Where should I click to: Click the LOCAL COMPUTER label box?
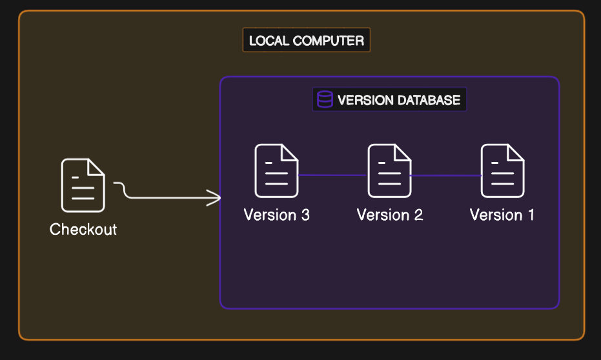pos(306,41)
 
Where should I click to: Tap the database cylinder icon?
pos(325,99)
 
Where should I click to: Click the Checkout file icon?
pos(83,185)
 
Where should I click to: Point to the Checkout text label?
pos(83,229)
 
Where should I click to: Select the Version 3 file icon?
pos(276,171)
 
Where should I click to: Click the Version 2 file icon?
pos(390,171)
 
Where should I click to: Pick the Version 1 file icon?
pos(503,171)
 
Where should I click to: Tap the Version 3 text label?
pos(276,215)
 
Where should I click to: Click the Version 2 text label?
pos(390,215)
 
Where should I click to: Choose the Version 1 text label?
pos(502,215)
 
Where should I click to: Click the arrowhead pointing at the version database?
pos(216,198)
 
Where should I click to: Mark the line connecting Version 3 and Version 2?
pos(333,175)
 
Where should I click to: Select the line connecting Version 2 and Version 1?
pos(446,175)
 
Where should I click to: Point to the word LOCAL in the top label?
pos(269,41)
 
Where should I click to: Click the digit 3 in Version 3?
pos(305,215)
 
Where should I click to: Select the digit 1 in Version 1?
pos(531,215)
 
